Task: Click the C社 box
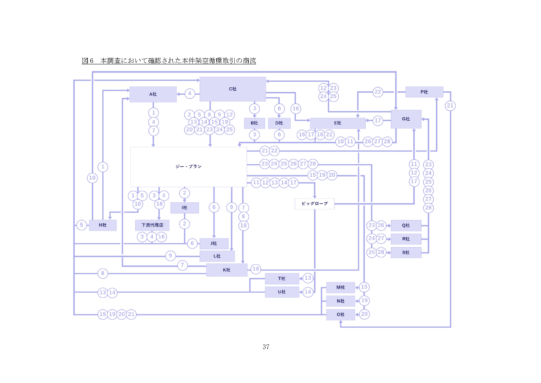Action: click(x=233, y=89)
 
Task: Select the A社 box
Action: click(x=153, y=94)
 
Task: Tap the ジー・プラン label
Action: click(x=188, y=167)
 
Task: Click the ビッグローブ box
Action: click(x=314, y=204)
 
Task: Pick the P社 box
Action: click(x=424, y=92)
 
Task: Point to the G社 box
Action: click(x=406, y=119)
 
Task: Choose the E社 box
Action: click(x=338, y=123)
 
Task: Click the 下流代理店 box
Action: click(x=152, y=225)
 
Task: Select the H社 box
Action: click(x=103, y=225)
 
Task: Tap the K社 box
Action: click(x=227, y=270)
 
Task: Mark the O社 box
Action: click(x=340, y=314)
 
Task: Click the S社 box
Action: click(x=406, y=252)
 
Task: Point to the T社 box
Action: click(x=282, y=278)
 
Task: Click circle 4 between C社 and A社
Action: click(x=190, y=94)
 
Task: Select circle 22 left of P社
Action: click(x=378, y=92)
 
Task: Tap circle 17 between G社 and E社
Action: click(x=378, y=120)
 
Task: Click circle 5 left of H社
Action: click(x=81, y=225)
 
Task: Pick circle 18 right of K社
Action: click(x=256, y=269)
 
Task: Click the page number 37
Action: click(x=266, y=347)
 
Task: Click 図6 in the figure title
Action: click(x=88, y=61)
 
